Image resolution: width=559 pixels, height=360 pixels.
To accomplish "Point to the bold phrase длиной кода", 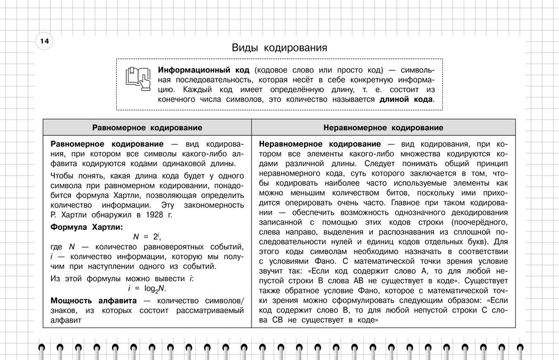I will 406,100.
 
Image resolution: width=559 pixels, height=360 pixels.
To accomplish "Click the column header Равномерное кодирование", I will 147,127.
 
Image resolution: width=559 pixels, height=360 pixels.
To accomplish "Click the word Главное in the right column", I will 409,202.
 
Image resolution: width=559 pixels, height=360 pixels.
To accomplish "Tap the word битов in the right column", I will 414,192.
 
